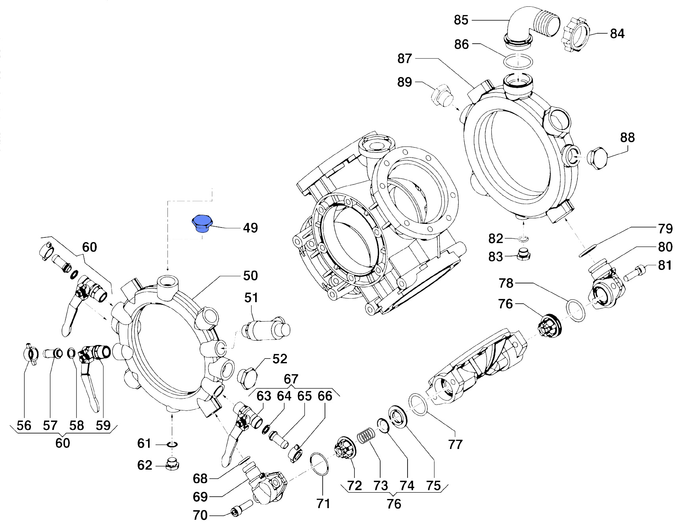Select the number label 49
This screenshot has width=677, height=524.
250,228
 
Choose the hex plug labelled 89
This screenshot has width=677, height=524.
441,96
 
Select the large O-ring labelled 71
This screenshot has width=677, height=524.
319,463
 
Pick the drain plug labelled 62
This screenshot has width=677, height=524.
172,464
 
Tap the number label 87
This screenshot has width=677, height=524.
405,59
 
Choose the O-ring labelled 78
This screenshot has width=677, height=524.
575,310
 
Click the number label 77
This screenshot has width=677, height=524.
455,444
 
